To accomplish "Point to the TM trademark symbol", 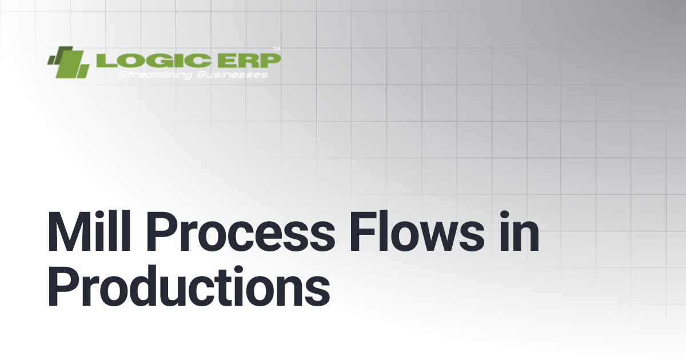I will (x=277, y=49).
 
